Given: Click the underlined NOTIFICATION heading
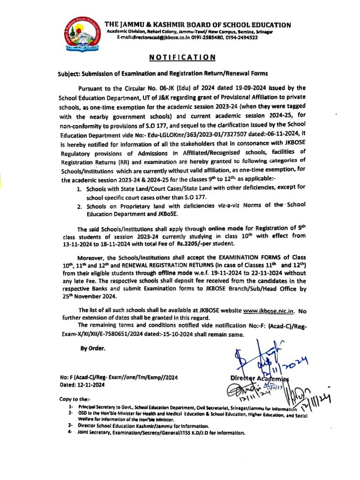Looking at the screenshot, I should click(182, 57).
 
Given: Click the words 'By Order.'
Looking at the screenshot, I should click(93, 348).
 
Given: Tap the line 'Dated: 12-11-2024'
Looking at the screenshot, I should click(82, 385).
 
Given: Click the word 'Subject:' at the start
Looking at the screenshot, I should click(68, 74).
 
